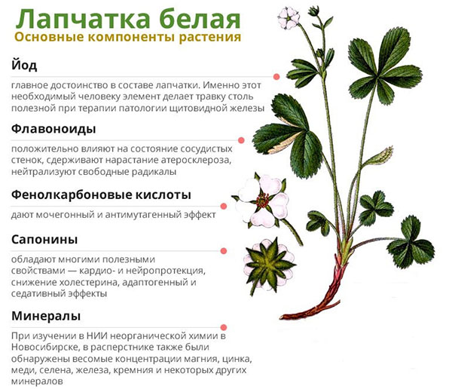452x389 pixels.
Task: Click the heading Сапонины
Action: (44, 239)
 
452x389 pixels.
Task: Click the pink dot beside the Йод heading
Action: (276, 76)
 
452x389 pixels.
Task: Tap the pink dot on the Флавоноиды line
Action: (241, 140)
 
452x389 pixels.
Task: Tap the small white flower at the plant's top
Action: (288, 17)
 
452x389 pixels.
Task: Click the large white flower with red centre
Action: (262, 200)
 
